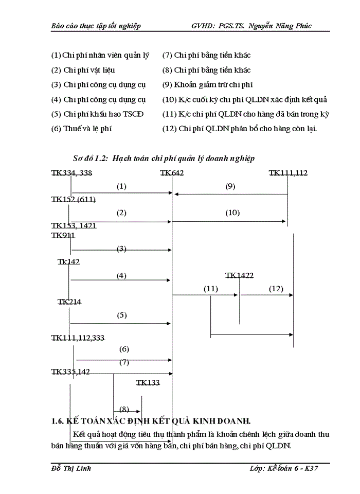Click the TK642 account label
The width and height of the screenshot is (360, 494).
(x=172, y=173)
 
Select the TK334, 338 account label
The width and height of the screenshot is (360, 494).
(x=71, y=173)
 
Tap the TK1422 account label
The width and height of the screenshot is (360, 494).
(x=239, y=276)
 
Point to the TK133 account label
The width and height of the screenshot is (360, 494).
(x=148, y=382)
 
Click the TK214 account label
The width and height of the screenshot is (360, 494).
(x=69, y=302)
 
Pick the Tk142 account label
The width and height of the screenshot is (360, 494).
(x=68, y=261)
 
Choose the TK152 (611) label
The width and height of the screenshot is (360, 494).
(x=73, y=199)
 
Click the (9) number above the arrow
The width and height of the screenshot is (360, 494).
(x=230, y=186)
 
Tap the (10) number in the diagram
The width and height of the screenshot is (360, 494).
(x=232, y=212)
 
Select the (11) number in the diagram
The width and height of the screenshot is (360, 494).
(x=211, y=289)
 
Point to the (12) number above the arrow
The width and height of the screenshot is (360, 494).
(x=276, y=289)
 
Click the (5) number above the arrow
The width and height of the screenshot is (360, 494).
(x=121, y=315)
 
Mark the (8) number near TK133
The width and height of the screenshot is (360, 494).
(x=124, y=409)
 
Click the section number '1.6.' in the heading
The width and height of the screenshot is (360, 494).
(x=58, y=421)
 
